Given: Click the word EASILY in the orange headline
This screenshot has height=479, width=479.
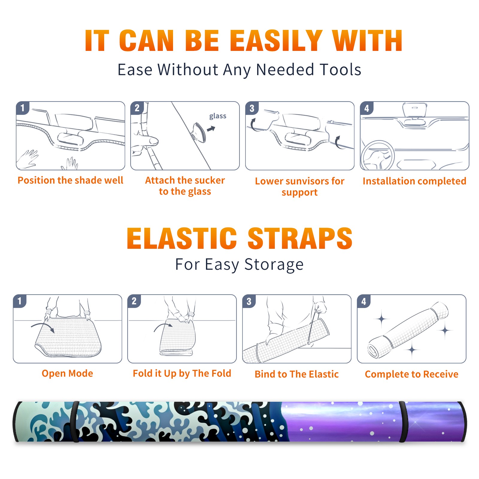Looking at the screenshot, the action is point(276,41).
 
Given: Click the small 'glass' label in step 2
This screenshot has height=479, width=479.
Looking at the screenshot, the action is point(218,116).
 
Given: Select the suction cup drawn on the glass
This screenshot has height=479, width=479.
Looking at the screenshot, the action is point(199,132).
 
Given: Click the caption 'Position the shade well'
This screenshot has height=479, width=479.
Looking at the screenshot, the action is point(70,180).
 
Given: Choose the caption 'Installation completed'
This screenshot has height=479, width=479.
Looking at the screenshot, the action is point(414,181).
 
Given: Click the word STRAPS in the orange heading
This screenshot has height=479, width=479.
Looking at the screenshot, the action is point(300,238).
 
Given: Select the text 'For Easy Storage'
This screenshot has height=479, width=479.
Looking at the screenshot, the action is point(239,265).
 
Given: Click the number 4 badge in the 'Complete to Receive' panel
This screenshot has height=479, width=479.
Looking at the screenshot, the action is point(364,301).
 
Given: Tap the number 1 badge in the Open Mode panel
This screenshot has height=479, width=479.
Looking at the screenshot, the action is point(20,301).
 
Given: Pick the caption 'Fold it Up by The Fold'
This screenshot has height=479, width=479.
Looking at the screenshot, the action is point(182,374).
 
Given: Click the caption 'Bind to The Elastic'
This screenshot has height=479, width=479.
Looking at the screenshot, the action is point(297,374).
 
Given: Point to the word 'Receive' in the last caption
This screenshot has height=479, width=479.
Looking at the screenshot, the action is point(441,374).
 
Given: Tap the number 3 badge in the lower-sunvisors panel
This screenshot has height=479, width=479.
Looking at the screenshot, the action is point(252,108).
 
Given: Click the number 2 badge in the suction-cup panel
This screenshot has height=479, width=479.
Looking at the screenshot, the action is point(137,108).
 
